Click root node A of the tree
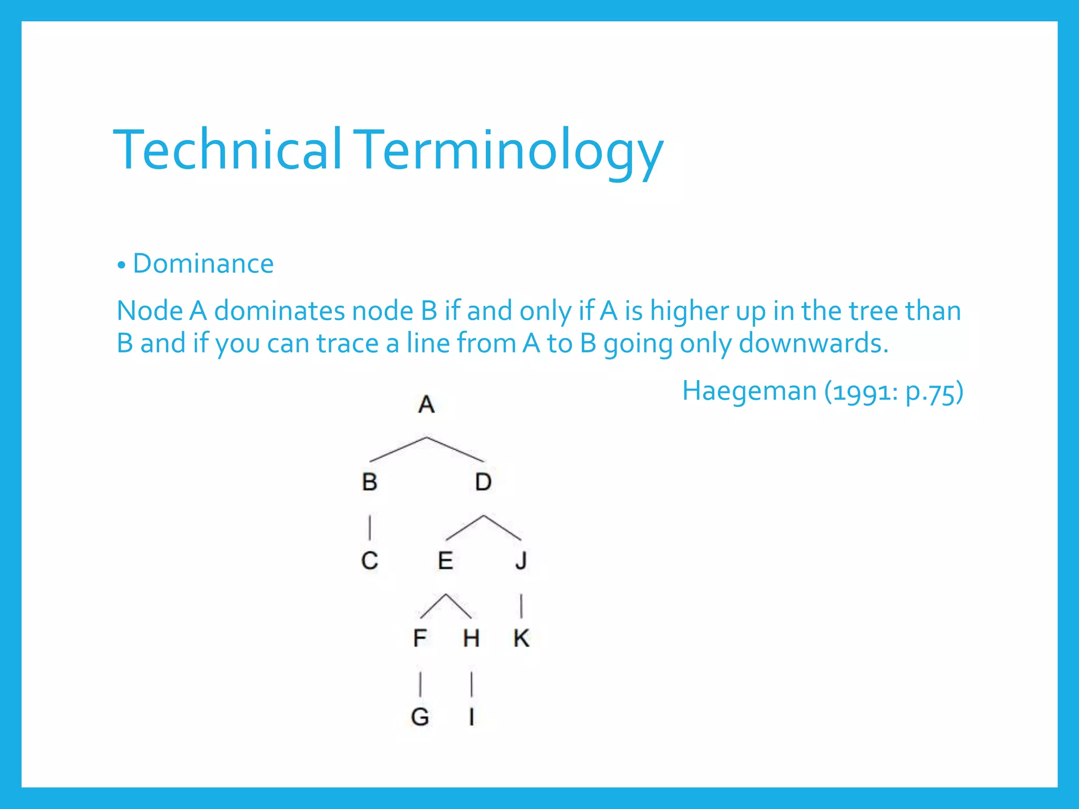tap(426, 404)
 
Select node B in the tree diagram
tap(370, 482)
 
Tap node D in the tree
tap(483, 482)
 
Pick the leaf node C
tap(370, 560)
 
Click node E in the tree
tap(446, 560)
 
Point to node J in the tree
tap(521, 560)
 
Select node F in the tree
tap(420, 638)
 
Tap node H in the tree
tap(471, 638)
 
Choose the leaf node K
tap(521, 638)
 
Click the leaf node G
tap(420, 717)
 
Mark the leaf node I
tap(472, 717)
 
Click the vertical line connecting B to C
tap(370, 527)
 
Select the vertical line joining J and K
tap(521, 606)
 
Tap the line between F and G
tap(420, 684)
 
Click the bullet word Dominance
tap(203, 263)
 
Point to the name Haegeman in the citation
tap(749, 391)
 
